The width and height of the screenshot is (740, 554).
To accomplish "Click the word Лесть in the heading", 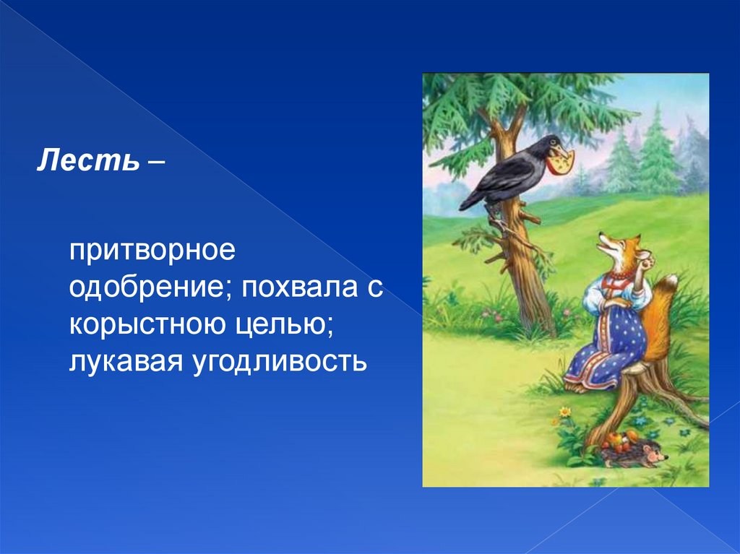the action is click(88, 160).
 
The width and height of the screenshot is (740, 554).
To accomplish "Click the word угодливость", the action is click(280, 362).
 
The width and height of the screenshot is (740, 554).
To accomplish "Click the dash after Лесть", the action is click(156, 163).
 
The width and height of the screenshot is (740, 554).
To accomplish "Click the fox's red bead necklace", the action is click(621, 274).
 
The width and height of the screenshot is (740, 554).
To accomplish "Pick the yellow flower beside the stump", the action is click(564, 412).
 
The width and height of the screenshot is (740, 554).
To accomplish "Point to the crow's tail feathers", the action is click(473, 198).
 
